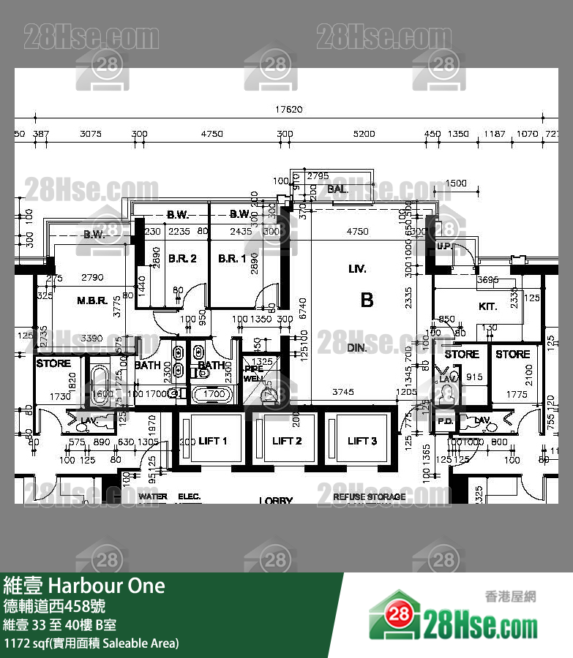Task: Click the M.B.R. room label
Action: coord(93,300)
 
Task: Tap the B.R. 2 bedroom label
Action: coord(182,259)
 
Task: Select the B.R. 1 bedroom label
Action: coord(231,259)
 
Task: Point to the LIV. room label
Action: coord(357,269)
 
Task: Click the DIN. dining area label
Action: coord(357,348)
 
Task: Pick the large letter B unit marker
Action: coord(367,300)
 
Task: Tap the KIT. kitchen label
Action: coord(488,306)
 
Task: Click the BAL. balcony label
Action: coord(338,189)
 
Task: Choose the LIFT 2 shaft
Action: coord(287,441)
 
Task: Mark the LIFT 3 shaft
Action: coord(362,441)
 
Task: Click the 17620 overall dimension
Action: coord(288,110)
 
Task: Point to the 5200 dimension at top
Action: coord(364,134)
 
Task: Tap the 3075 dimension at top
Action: coord(90,134)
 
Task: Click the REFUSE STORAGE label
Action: coord(369,497)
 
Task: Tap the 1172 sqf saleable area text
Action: coord(91,643)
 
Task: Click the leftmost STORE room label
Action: coord(53,363)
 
